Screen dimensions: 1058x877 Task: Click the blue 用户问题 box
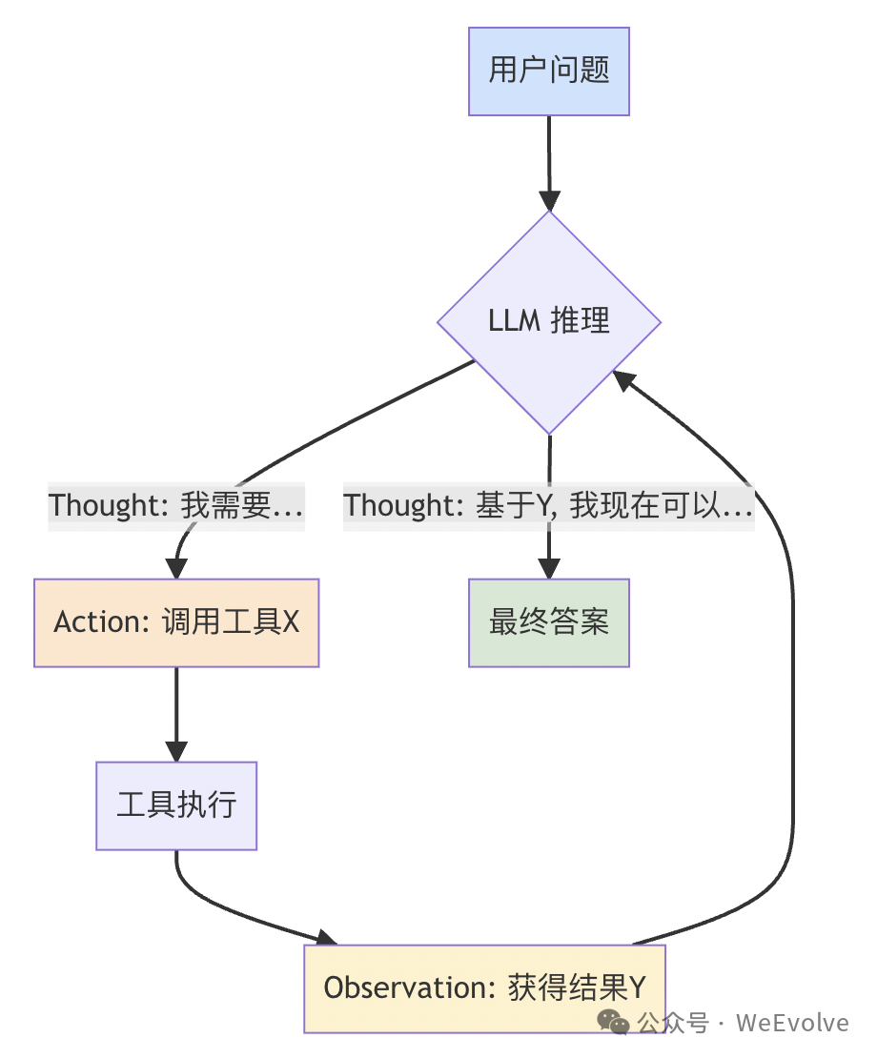point(549,71)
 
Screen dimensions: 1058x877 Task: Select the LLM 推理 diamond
point(549,321)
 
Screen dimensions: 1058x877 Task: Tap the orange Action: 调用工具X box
point(176,622)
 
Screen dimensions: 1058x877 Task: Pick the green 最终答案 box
point(549,622)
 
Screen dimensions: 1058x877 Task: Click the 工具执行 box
point(176,805)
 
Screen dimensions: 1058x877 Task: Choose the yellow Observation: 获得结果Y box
point(484,988)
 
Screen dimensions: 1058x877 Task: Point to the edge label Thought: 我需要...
point(176,505)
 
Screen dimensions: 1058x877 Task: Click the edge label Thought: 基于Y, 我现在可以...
point(549,505)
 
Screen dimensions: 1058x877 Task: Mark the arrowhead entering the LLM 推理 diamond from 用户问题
point(549,200)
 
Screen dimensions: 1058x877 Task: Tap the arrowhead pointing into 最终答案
point(549,568)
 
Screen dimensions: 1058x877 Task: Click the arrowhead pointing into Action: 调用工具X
point(176,568)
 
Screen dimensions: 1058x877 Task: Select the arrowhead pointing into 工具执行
point(176,751)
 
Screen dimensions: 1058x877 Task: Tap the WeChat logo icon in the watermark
point(614,1022)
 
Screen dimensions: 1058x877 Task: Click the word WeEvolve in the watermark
point(792,1023)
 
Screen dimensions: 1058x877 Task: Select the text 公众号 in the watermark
point(673,1023)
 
